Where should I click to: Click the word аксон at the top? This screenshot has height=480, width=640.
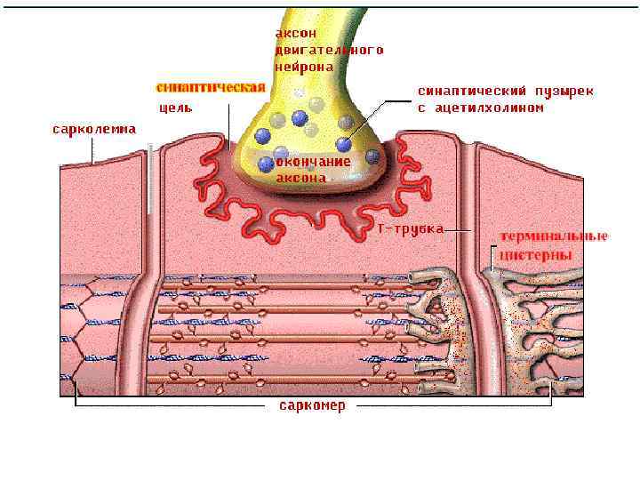(295, 33)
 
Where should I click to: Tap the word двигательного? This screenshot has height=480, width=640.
(329, 50)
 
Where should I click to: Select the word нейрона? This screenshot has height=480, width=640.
(304, 67)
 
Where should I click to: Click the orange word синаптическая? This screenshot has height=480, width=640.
(211, 87)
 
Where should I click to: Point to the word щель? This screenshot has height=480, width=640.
(175, 108)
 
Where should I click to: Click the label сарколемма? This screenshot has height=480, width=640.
(93, 129)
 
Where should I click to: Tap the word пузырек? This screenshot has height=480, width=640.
(564, 91)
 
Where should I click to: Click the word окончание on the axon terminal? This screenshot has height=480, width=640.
(313, 162)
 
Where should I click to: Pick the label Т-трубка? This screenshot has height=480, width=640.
(410, 228)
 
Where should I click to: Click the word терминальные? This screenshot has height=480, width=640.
(553, 236)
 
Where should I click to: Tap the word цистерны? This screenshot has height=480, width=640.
(534, 254)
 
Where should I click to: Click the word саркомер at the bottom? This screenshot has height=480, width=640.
(312, 405)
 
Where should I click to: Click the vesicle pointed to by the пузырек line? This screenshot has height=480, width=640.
(344, 144)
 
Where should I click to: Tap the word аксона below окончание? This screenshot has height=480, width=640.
(300, 177)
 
